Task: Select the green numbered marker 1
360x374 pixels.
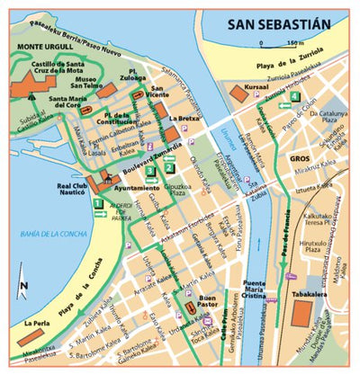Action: [x=98, y=204]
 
